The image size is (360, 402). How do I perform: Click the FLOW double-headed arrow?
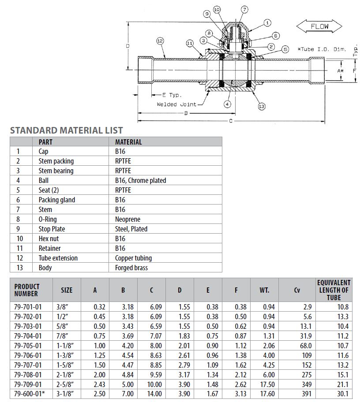(319, 26)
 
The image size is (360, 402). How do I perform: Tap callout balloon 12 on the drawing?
(160, 41)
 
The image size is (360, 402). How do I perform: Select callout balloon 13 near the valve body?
(262, 106)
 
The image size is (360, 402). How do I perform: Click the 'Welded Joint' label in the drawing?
(177, 104)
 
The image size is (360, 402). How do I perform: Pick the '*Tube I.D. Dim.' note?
(322, 49)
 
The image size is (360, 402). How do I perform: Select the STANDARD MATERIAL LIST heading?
(66, 130)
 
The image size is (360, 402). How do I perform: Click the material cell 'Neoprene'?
(127, 219)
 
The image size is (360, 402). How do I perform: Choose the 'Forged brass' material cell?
(131, 268)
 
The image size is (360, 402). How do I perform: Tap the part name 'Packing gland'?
(57, 200)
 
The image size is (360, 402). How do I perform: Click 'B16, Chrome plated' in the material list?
(140, 180)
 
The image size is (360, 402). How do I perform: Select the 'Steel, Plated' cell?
(131, 229)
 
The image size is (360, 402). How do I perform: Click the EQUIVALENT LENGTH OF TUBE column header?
(334, 290)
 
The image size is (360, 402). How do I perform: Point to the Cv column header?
(296, 290)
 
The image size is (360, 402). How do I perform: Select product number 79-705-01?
(28, 346)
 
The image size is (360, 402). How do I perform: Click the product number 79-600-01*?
(29, 394)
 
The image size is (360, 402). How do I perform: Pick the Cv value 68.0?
(305, 346)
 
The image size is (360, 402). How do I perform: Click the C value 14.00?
(154, 394)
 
